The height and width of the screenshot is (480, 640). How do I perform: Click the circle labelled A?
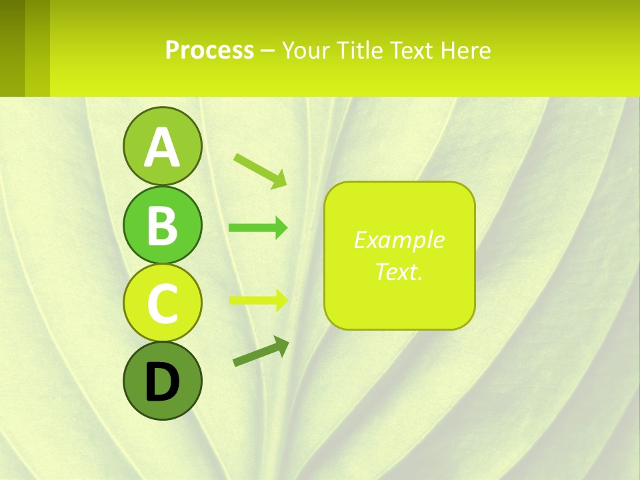(x=163, y=147)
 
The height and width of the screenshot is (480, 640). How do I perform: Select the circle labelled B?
(x=163, y=225)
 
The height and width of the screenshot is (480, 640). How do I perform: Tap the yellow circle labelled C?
(x=163, y=303)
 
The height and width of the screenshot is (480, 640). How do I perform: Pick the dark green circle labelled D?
(x=163, y=381)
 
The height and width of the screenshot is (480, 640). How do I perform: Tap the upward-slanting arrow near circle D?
(x=261, y=351)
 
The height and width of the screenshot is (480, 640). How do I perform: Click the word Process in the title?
(x=209, y=50)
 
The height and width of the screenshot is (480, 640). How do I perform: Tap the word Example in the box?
(x=399, y=240)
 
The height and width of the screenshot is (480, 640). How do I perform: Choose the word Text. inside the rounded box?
(x=399, y=271)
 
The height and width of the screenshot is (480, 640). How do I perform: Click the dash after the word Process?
(x=268, y=51)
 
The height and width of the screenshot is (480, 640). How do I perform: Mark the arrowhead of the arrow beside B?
(x=281, y=228)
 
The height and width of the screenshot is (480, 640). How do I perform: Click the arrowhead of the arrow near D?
(x=282, y=345)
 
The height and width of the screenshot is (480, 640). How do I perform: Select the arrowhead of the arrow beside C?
(x=281, y=299)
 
